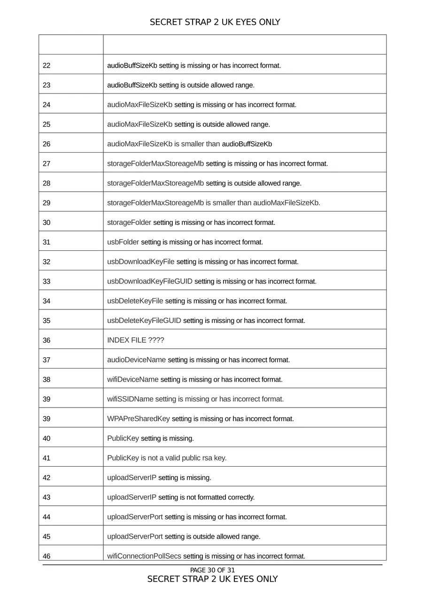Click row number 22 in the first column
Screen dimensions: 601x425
(46, 66)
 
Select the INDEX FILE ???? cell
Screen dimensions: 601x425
(136, 340)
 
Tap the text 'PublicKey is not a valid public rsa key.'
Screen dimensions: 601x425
(167, 458)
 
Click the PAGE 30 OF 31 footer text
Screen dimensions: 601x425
(212, 570)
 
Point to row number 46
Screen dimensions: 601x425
(46, 556)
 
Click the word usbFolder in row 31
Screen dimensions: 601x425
(123, 242)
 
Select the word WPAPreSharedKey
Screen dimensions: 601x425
(139, 419)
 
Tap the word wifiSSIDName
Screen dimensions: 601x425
(130, 399)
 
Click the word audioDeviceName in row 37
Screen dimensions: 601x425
(137, 360)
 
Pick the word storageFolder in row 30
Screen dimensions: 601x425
(129, 223)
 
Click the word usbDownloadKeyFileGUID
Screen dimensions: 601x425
(150, 282)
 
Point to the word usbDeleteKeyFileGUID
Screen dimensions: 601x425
(144, 321)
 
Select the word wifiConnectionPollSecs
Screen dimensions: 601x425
(144, 556)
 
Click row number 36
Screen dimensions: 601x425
(46, 340)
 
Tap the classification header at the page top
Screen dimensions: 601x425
(215, 22)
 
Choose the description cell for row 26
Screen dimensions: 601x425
(189, 144)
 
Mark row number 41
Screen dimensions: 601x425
(46, 458)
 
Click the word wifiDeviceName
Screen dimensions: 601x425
(133, 379)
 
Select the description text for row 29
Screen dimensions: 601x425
(214, 203)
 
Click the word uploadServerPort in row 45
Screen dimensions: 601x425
(135, 537)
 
